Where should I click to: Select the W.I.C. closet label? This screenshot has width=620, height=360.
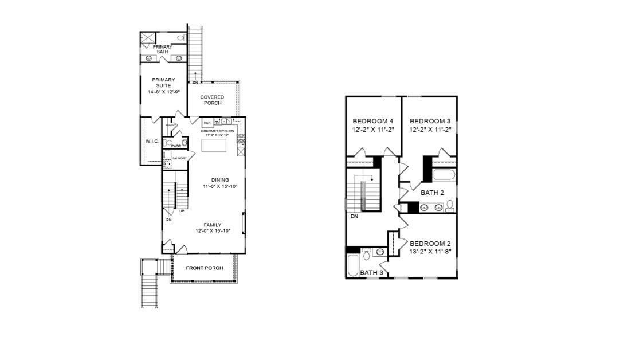click(152, 141)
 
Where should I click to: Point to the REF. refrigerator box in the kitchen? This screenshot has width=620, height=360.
click(207, 123)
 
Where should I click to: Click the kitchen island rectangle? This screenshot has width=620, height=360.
click(214, 146)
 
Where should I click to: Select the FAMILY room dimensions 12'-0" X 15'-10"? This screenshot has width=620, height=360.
click(213, 231)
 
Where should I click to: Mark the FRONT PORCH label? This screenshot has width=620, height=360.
click(205, 268)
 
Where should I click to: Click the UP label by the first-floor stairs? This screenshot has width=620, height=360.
click(182, 211)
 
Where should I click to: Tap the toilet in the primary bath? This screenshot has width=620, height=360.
click(180, 38)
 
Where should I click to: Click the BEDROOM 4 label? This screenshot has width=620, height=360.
click(373, 121)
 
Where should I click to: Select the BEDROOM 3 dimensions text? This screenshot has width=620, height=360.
click(430, 130)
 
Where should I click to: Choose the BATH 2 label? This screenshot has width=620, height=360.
click(432, 193)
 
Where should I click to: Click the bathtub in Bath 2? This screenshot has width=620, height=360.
click(444, 175)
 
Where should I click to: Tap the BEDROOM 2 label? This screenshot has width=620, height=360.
click(430, 243)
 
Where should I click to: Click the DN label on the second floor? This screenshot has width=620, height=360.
click(354, 217)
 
